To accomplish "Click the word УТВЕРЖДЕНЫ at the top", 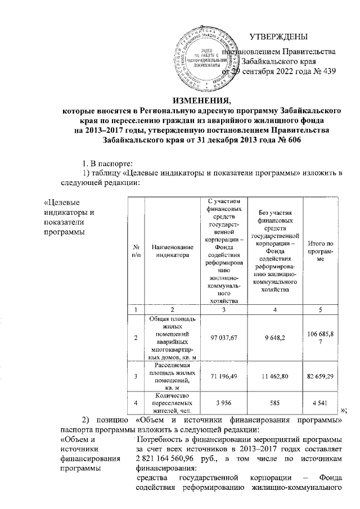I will point(278,37).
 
